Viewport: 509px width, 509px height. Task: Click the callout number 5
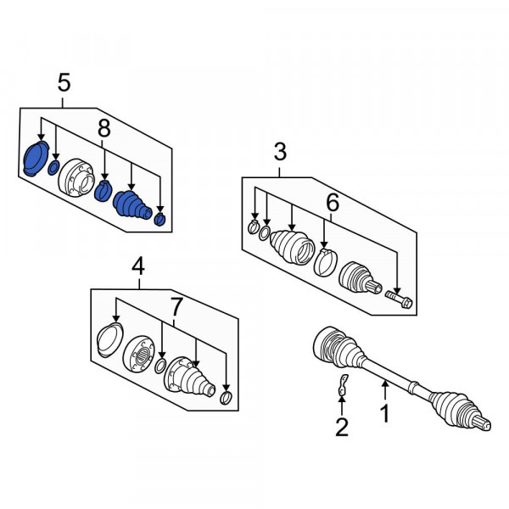click(64, 82)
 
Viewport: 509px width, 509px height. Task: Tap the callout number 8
click(103, 129)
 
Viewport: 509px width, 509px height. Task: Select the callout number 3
click(280, 152)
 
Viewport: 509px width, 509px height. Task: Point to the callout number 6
click(333, 202)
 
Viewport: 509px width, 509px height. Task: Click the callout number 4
click(138, 266)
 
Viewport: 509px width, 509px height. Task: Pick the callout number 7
click(176, 307)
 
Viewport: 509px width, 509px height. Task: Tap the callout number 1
click(385, 413)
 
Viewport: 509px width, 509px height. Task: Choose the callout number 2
click(342, 427)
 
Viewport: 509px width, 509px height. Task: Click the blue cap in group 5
click(36, 159)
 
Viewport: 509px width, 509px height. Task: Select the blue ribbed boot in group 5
click(132, 204)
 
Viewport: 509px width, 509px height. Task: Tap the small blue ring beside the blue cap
click(53, 167)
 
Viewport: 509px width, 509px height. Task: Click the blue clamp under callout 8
click(103, 191)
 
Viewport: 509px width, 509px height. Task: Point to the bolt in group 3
click(399, 299)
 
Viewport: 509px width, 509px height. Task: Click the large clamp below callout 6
click(326, 262)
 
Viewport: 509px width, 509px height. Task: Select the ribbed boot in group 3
click(292, 246)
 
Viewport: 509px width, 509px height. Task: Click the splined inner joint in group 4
click(139, 353)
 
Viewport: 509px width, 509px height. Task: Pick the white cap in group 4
click(110, 340)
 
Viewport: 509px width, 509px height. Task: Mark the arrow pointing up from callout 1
click(385, 390)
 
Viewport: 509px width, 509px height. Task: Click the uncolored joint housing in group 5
click(76, 177)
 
